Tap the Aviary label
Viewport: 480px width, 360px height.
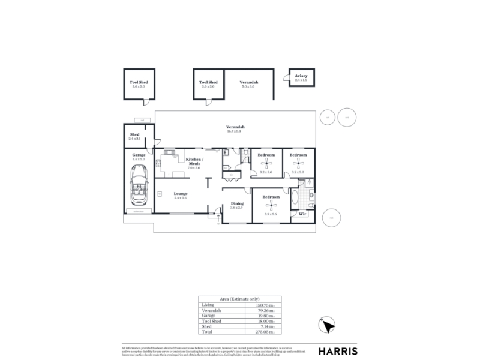(x=301, y=76)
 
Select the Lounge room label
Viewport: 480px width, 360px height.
(x=181, y=193)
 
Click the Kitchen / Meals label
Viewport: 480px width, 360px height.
(x=194, y=161)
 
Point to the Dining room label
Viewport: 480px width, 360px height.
(x=237, y=203)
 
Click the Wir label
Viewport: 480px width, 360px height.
(x=302, y=214)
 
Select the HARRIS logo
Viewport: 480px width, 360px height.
(x=338, y=351)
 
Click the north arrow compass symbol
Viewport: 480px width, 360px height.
(x=327, y=325)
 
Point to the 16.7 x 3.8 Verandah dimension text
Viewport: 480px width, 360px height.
(x=235, y=131)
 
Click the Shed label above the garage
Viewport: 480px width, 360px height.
(x=134, y=134)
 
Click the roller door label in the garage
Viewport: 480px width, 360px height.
(x=139, y=211)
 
